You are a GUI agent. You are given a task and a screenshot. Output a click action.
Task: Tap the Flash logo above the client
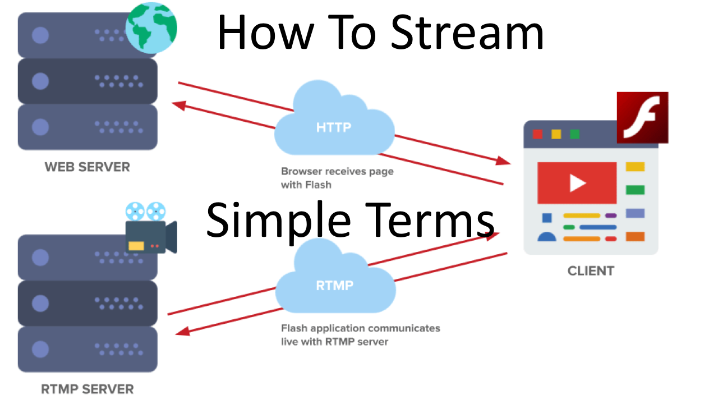642,117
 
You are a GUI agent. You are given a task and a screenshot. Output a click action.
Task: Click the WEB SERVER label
87,167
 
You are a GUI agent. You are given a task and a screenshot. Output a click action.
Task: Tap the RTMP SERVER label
88,389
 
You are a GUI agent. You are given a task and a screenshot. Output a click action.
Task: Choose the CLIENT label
591,271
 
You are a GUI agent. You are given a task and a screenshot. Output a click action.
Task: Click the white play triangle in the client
577,183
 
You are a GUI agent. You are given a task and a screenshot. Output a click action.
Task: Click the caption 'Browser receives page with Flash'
337,177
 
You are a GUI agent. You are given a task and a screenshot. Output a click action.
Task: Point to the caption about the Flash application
360,334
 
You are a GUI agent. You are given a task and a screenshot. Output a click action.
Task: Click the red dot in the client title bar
537,134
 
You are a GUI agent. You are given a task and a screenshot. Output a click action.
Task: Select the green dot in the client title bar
574,134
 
